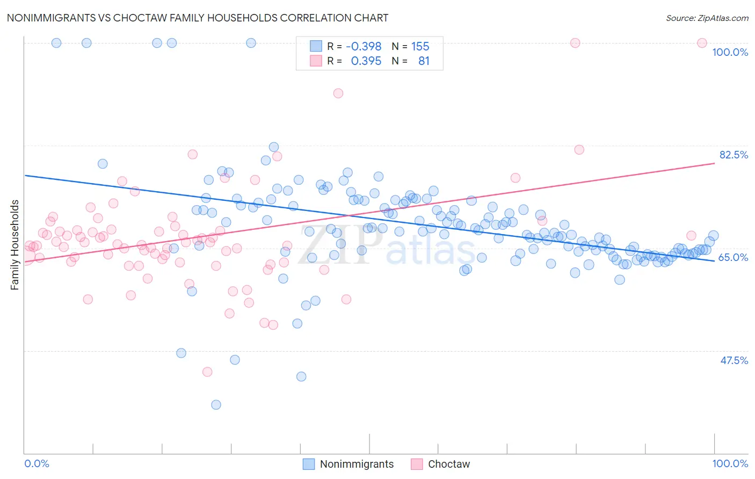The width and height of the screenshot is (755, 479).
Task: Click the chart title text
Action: tap(197, 18)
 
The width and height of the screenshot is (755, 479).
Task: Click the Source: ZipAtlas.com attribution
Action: tap(707, 18)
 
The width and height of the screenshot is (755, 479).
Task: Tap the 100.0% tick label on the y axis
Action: tap(730, 52)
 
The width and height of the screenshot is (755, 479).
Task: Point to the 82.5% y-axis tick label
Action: tap(734, 155)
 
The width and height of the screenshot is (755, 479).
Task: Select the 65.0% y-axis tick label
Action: tap(733, 257)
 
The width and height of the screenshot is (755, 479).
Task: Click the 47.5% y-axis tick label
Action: tap(734, 360)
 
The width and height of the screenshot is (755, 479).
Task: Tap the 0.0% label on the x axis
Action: tap(37, 463)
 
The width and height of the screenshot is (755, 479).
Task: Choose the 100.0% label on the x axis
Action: tap(730, 463)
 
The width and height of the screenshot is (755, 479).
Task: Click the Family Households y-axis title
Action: tap(15, 245)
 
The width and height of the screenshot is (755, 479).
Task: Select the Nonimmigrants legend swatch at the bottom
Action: tap(309, 464)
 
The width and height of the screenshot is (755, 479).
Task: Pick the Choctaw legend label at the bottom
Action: tap(448, 464)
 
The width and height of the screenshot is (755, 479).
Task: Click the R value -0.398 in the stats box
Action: tap(364, 47)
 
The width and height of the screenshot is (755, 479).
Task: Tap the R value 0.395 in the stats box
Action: tap(366, 61)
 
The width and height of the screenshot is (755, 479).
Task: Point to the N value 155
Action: tap(420, 47)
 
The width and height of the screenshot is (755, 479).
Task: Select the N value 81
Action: tap(424, 61)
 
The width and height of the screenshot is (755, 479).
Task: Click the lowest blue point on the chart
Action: tap(216, 404)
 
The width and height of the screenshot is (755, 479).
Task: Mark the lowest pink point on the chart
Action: tap(207, 372)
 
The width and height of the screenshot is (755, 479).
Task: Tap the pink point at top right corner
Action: tap(702, 43)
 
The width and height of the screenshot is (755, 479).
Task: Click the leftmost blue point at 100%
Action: tap(56, 43)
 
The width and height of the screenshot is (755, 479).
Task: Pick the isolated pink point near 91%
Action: tap(338, 93)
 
